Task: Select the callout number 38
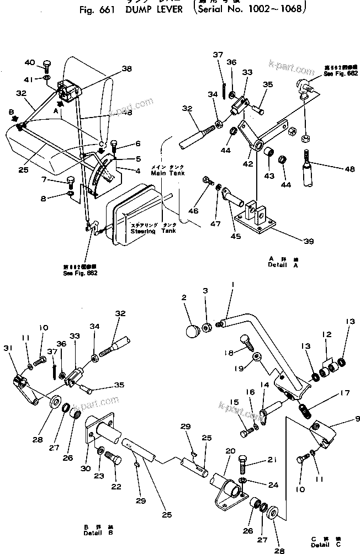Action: (127, 70)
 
